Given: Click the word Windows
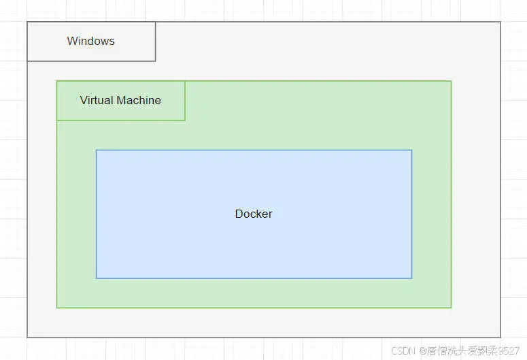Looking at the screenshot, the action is pyautogui.click(x=90, y=41).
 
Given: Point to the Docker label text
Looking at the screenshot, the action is pyautogui.click(x=254, y=214).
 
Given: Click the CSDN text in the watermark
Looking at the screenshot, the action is pyautogui.click(x=403, y=350).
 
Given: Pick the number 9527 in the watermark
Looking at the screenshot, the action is pyautogui.click(x=508, y=350).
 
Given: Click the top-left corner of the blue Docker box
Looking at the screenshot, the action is pyautogui.click(x=97, y=150).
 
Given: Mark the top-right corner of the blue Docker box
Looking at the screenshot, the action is pyautogui.click(x=411, y=150).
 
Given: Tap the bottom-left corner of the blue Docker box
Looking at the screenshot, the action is pyautogui.click(x=97, y=278).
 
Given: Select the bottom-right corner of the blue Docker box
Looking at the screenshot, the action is pyautogui.click(x=411, y=278).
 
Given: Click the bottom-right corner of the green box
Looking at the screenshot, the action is pyautogui.click(x=451, y=308).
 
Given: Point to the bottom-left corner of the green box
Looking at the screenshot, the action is pyautogui.click(x=57, y=308).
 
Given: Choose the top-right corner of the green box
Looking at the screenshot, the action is pyautogui.click(x=451, y=82).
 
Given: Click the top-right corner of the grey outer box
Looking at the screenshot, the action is pyautogui.click(x=500, y=22).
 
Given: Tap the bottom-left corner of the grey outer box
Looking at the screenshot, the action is pyautogui.click(x=28, y=337).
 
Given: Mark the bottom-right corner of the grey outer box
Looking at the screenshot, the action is pyautogui.click(x=500, y=337).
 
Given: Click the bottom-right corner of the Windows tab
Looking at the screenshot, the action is pyautogui.click(x=155, y=61).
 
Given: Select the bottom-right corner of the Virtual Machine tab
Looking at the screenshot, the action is pyautogui.click(x=185, y=120).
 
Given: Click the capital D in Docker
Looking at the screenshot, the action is pyautogui.click(x=239, y=214).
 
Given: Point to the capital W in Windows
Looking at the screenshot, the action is pyautogui.click(x=71, y=41).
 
